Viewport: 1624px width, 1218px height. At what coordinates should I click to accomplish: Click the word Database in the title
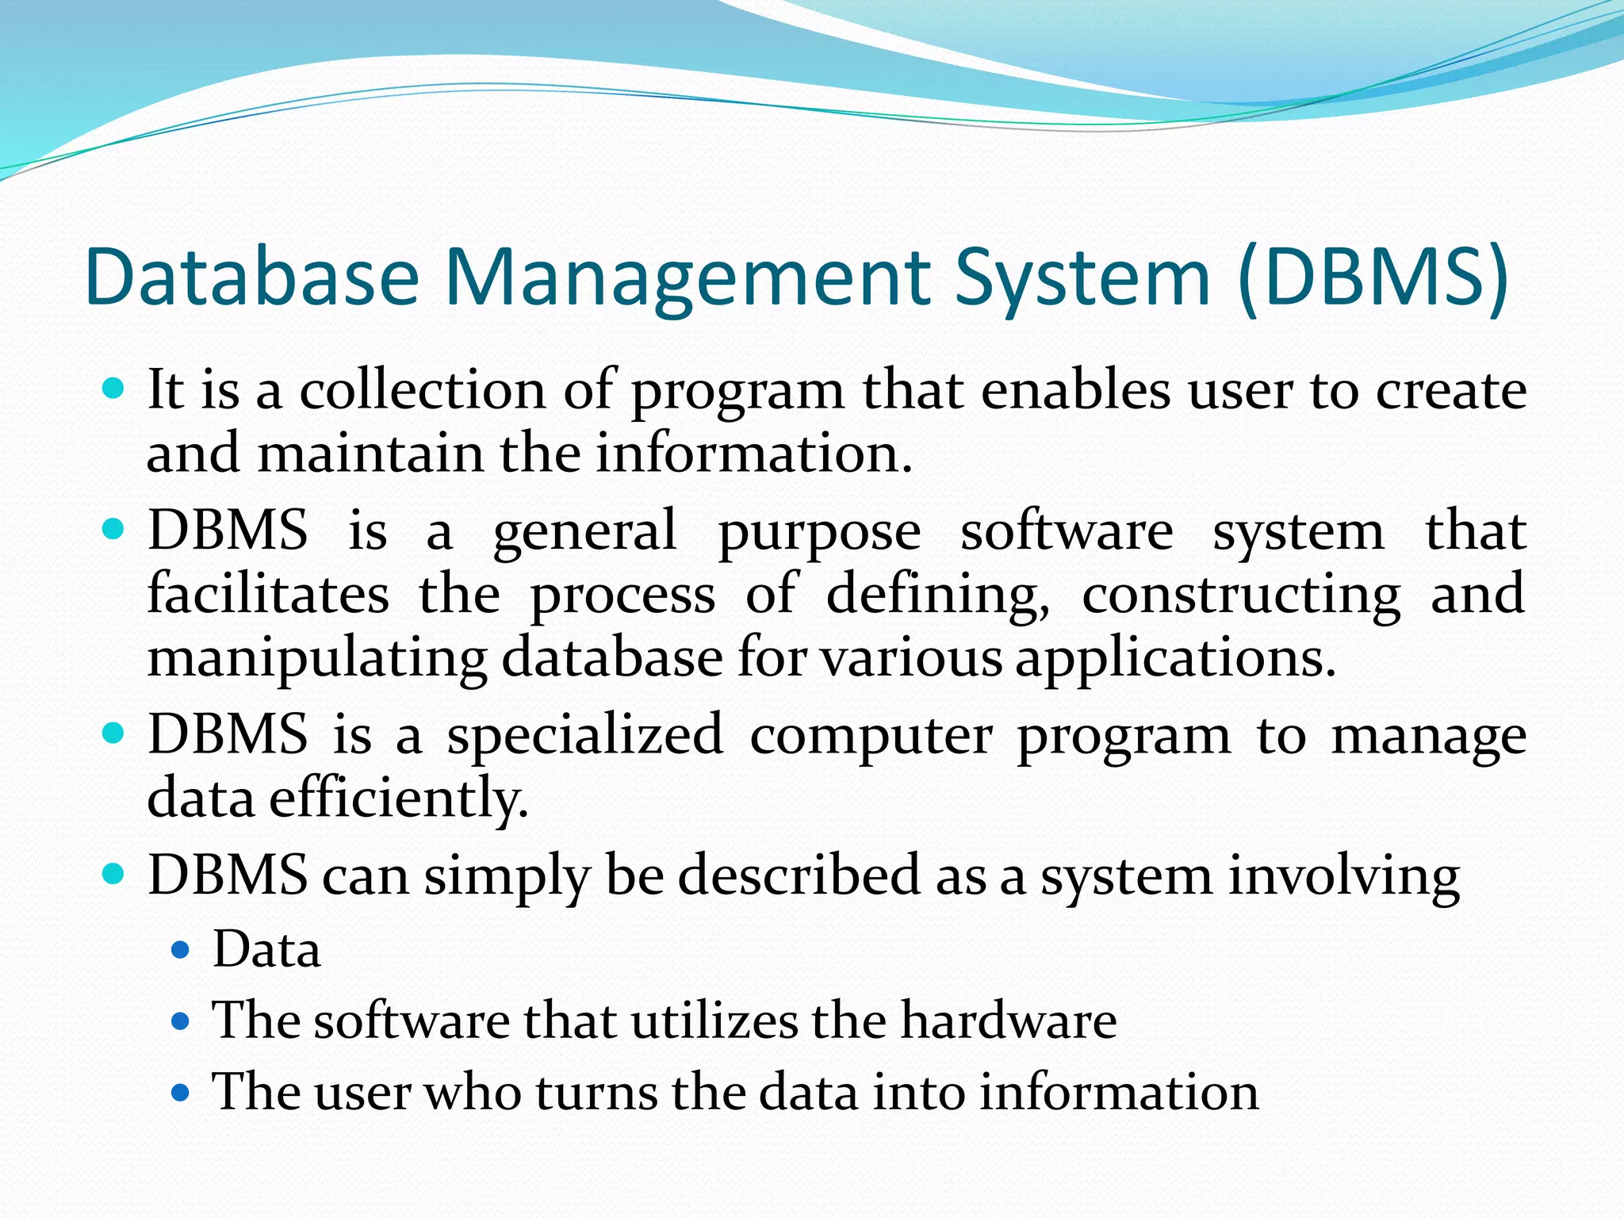coord(251,277)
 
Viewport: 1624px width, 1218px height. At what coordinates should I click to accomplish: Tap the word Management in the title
coord(688,277)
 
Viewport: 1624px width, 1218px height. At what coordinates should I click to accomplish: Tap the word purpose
coord(819,531)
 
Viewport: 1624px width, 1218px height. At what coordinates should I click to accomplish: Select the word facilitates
coord(268,594)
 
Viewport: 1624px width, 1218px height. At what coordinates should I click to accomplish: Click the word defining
coord(938,596)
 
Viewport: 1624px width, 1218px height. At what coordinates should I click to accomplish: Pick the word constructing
coord(1241,596)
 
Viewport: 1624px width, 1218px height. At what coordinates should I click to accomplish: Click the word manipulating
coord(317,658)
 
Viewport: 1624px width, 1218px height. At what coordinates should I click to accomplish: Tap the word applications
coord(1175,658)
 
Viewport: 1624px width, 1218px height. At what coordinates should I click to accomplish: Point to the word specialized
coord(585,735)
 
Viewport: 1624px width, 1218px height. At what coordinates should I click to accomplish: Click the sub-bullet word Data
coord(266,949)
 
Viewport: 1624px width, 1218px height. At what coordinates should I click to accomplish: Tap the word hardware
coord(1009,1020)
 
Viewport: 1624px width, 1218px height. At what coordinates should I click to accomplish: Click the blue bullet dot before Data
coord(182,949)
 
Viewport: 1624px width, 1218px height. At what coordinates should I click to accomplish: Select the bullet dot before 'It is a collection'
coord(114,389)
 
